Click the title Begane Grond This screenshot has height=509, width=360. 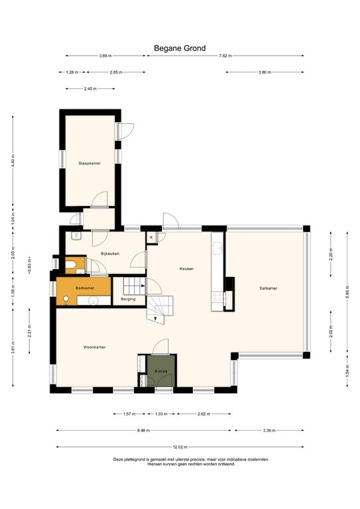(x=180, y=48)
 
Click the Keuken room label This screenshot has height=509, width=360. (x=186, y=268)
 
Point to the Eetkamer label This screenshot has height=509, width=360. (x=268, y=288)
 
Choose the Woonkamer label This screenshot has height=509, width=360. (x=95, y=347)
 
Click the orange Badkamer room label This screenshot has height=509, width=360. (x=84, y=288)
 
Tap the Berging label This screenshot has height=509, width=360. (x=128, y=300)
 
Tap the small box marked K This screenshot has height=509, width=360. (x=151, y=237)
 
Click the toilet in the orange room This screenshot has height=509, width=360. (x=72, y=266)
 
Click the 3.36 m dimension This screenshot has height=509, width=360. (x=269, y=430)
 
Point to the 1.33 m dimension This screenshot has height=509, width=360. (x=160, y=414)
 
